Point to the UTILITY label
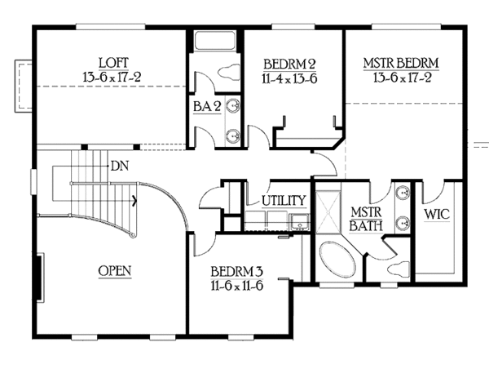(x=283, y=200)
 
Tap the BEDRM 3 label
(x=236, y=273)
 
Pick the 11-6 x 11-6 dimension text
(x=236, y=287)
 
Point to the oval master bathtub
(x=335, y=261)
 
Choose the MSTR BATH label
(x=366, y=218)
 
